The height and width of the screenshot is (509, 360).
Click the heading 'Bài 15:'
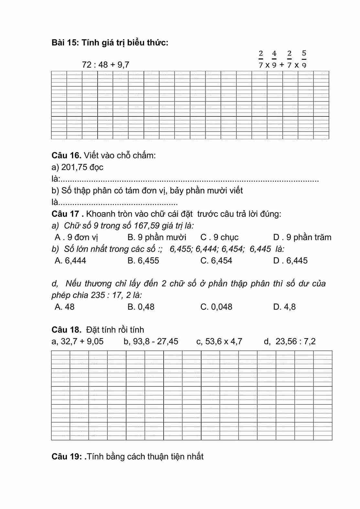coord(65,42)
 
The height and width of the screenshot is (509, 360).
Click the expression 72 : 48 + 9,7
coord(105,65)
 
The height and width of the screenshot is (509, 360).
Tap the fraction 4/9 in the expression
coord(274,59)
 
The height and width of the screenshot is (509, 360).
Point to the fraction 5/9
coord(304,59)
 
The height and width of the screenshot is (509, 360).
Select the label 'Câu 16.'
coord(66,155)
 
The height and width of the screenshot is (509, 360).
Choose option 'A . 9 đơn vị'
coord(76,237)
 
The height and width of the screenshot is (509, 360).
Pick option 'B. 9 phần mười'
coord(157,237)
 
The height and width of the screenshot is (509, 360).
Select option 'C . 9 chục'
coord(219,237)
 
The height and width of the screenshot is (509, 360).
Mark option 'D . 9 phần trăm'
coord(302,237)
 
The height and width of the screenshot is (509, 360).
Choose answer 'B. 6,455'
coord(143,261)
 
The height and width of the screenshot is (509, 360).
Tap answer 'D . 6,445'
coord(290,261)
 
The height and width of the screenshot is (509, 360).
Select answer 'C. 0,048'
coord(216,307)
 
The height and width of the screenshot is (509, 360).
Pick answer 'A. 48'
coord(64,307)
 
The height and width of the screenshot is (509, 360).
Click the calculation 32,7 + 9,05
coord(82,341)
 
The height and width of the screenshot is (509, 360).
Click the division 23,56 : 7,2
coord(295,341)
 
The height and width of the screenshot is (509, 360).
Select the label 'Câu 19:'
coord(66,456)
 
